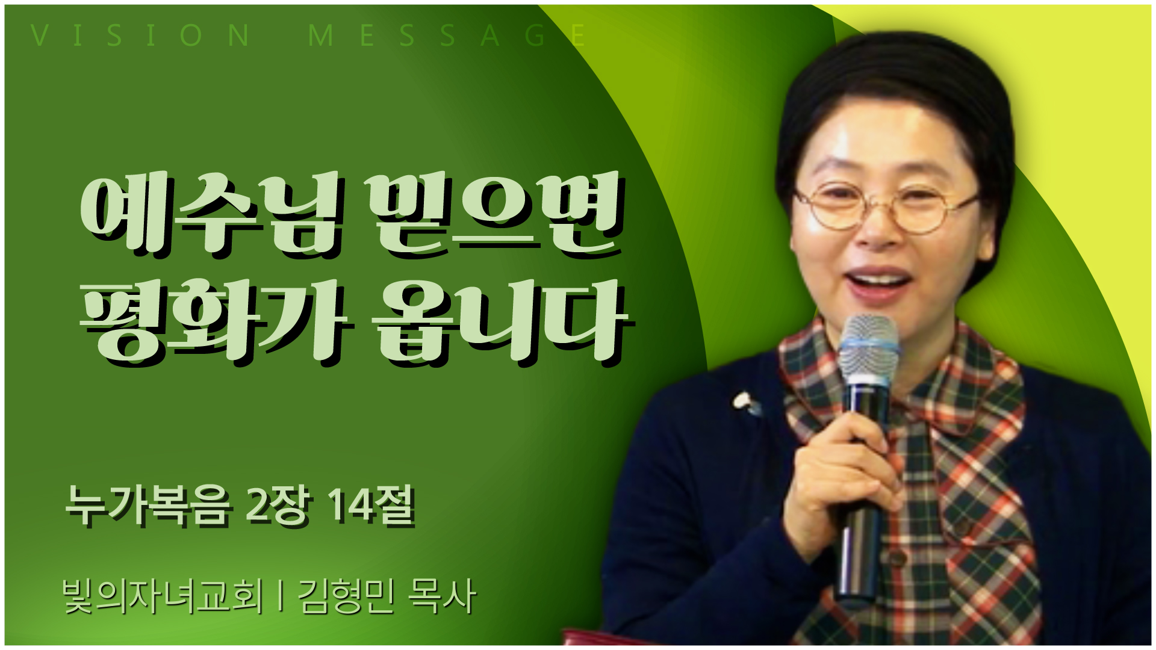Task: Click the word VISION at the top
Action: click(140, 36)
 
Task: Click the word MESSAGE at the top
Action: click(446, 36)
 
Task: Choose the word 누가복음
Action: click(148, 506)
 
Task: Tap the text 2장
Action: click(278, 506)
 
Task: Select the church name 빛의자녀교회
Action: click(163, 596)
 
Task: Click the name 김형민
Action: click(346, 596)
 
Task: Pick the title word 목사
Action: click(442, 596)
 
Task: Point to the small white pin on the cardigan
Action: click(745, 401)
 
